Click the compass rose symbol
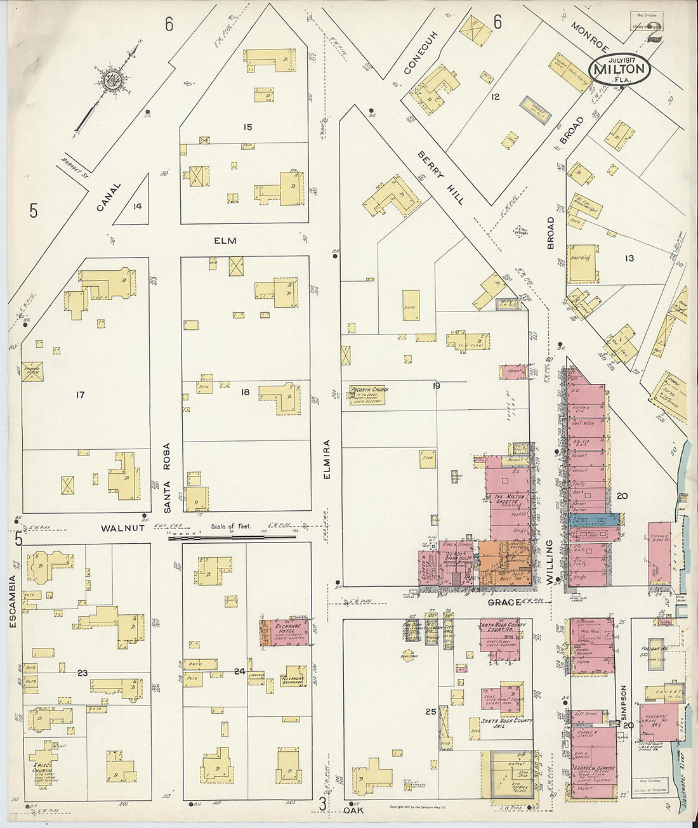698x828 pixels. point(112,80)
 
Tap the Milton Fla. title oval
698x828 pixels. point(619,70)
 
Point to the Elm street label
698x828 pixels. point(225,241)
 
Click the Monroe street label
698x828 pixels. point(589,37)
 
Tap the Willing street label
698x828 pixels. point(550,561)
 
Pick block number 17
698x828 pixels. point(80,395)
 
